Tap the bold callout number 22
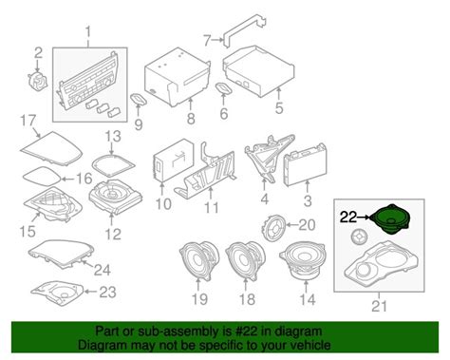tap(348, 218)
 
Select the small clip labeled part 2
tap(38, 80)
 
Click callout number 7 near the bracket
tap(207, 40)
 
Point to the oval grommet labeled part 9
tap(139, 99)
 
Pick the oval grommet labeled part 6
tap(224, 88)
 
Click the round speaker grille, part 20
tap(274, 228)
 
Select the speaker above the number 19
tap(199, 260)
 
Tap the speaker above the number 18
tap(245, 260)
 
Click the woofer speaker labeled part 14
tap(302, 260)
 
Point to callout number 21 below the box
tap(379, 306)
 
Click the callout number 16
tap(84, 179)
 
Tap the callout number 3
tap(308, 200)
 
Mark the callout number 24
tap(103, 270)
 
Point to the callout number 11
tap(211, 208)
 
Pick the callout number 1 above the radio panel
tap(88, 32)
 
